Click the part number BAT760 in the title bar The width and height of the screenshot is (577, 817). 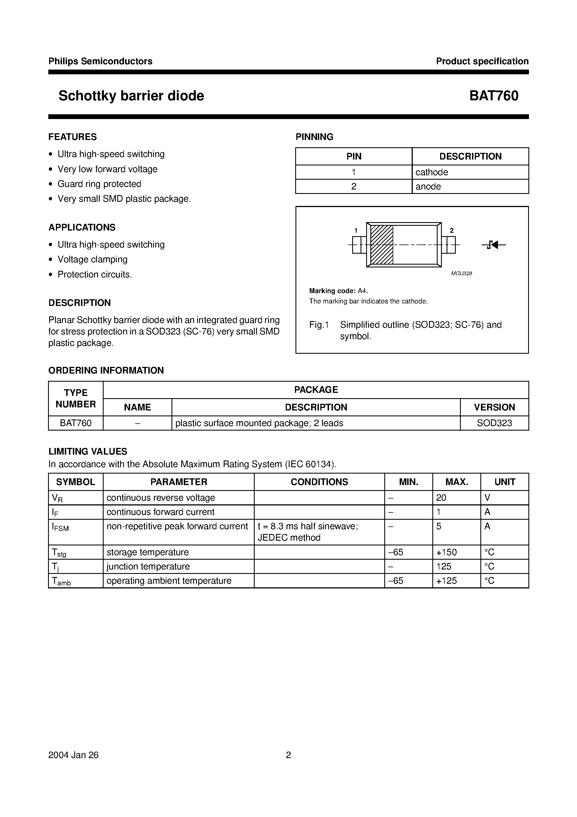click(x=493, y=96)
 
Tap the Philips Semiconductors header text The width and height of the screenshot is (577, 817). click(x=100, y=61)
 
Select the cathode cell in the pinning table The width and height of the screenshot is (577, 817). click(x=431, y=172)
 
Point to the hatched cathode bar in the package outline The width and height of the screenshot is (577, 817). click(x=381, y=245)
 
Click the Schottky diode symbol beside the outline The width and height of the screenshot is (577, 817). click(x=494, y=245)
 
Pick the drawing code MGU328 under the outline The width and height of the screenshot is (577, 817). click(x=461, y=273)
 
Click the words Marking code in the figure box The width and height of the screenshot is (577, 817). click(x=332, y=291)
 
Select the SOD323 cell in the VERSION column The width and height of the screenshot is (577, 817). click(x=494, y=423)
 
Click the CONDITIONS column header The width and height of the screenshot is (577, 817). click(x=319, y=482)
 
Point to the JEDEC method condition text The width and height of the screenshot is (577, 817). click(x=288, y=538)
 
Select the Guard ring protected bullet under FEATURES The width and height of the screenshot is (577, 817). click(x=99, y=184)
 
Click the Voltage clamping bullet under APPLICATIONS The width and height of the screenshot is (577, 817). click(x=92, y=259)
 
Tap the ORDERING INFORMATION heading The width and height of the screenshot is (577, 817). click(x=106, y=370)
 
